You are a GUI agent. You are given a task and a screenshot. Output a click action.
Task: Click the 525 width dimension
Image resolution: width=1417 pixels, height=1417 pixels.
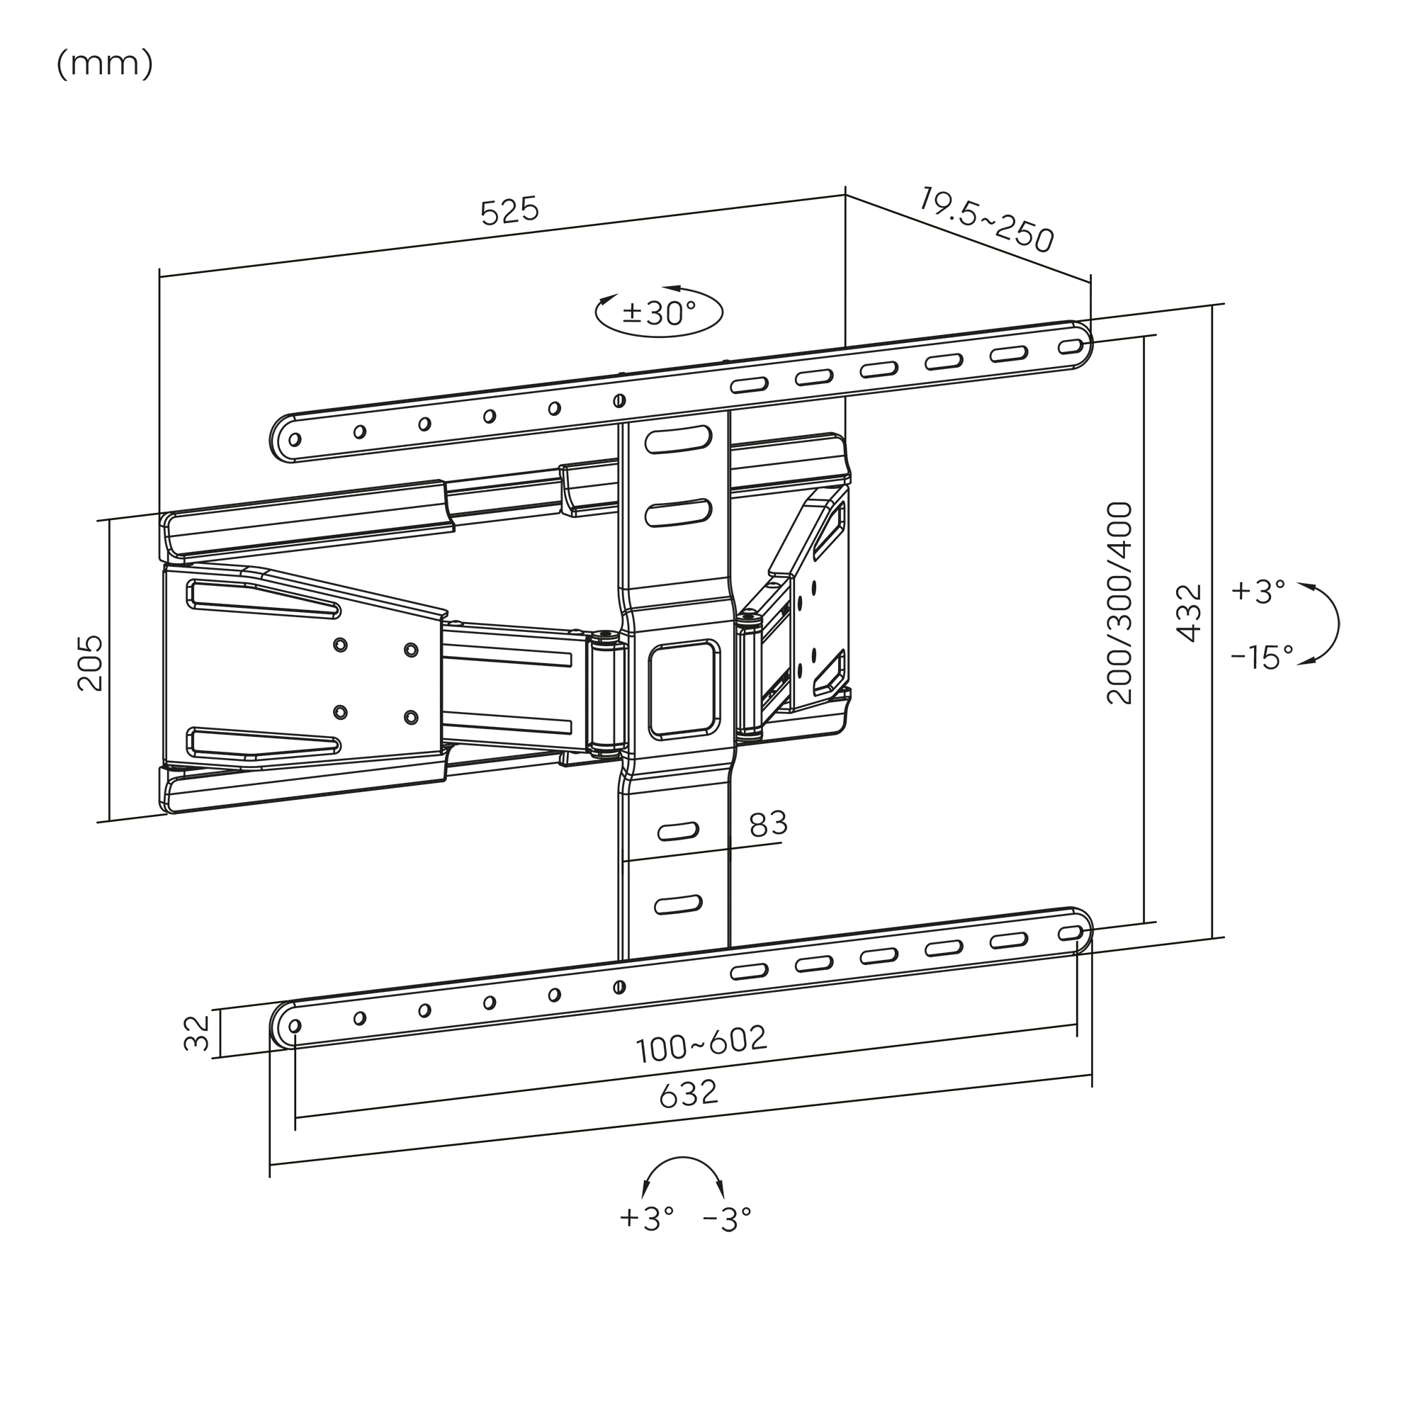[x=509, y=211]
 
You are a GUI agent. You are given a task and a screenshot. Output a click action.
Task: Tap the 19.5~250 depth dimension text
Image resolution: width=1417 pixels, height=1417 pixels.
[x=986, y=220]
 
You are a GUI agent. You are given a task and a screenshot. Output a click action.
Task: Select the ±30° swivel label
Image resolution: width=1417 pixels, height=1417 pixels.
[x=659, y=313]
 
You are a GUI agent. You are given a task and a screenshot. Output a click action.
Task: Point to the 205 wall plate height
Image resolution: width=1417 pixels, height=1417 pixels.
[x=90, y=663]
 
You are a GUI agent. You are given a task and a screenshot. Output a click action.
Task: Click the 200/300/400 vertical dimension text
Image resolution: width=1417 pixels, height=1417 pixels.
[x=1120, y=603]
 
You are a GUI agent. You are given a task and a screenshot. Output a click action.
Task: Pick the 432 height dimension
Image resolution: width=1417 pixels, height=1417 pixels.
[x=1190, y=613]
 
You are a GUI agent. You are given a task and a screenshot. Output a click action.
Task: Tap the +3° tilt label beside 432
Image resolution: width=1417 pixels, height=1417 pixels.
[x=1258, y=591]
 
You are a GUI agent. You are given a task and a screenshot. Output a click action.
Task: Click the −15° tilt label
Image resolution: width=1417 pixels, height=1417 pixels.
[x=1262, y=657]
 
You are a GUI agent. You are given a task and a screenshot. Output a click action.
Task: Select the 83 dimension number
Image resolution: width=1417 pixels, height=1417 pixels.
[x=768, y=825]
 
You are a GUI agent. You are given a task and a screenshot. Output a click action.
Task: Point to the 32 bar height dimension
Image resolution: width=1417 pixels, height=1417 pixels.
[x=196, y=1034]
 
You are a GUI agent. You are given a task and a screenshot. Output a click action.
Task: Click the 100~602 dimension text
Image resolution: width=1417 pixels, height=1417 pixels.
[x=702, y=1044]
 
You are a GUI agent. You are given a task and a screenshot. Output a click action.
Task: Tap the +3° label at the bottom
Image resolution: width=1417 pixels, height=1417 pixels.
[x=646, y=1218]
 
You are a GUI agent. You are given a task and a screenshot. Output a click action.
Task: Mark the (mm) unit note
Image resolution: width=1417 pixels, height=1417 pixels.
[x=105, y=64]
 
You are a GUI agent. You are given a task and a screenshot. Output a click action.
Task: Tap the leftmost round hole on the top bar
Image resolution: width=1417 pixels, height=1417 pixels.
[x=295, y=440]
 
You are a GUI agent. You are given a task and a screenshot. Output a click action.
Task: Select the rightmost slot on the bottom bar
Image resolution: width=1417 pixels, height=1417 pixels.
[x=1071, y=933]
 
